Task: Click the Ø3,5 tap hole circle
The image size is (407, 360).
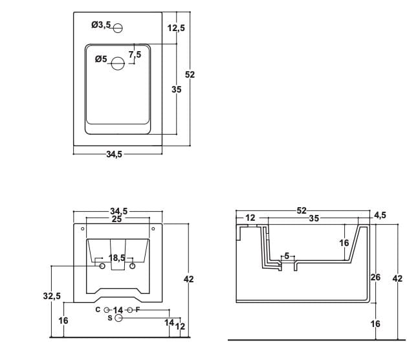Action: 118,28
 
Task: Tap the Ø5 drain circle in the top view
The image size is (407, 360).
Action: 118,63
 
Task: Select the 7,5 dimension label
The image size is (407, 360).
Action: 135,54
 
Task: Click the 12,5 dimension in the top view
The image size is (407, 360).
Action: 176,28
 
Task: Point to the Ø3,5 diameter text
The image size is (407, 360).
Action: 101,25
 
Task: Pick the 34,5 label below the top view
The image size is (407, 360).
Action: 115,154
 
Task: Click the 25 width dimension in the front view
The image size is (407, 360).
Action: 116,219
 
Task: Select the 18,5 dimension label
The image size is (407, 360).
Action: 117,258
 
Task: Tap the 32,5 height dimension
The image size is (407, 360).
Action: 52,296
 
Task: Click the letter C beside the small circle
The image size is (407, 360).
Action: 98,309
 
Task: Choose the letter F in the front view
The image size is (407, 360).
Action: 138,309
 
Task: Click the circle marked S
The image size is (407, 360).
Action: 118,318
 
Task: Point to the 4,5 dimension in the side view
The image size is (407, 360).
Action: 380,215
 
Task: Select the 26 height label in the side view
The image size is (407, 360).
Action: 375,277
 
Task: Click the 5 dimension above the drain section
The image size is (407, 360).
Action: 287,256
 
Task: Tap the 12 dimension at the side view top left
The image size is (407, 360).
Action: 250,218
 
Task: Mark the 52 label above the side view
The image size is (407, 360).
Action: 302,210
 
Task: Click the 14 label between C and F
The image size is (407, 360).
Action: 118,310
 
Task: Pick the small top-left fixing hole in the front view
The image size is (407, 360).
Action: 83,229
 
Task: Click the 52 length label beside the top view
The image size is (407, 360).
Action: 190,74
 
